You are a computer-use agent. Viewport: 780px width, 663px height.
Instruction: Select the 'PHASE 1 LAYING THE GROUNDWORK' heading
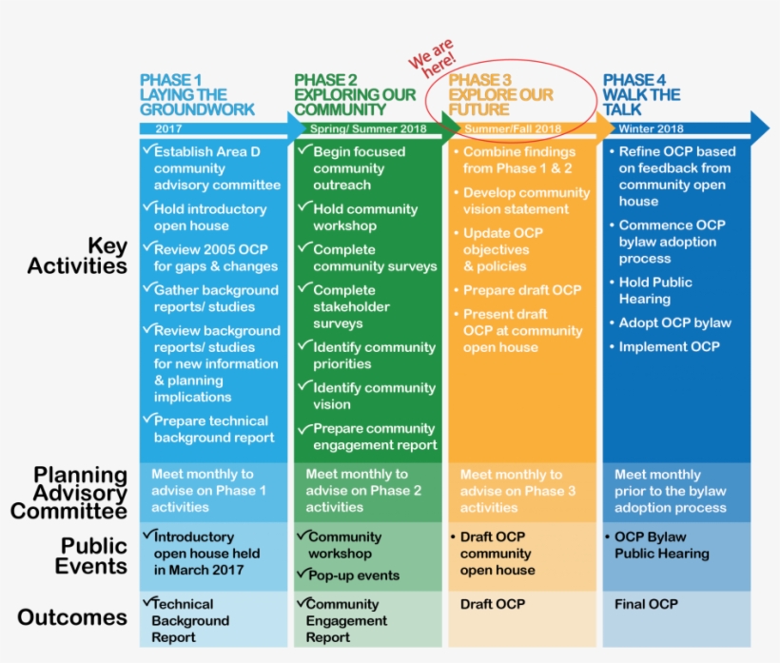click(197, 95)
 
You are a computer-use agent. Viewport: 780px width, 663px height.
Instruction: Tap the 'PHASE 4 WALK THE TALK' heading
click(641, 95)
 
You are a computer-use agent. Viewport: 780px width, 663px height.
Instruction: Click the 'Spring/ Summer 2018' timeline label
click(355, 128)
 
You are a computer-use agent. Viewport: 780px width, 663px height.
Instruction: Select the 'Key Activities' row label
click(77, 256)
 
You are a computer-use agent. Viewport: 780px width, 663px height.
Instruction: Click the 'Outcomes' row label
click(72, 617)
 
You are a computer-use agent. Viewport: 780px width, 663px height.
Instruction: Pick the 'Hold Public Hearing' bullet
click(655, 290)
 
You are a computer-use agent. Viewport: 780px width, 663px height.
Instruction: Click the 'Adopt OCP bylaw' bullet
click(674, 322)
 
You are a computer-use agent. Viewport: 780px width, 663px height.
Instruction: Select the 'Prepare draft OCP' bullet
click(521, 290)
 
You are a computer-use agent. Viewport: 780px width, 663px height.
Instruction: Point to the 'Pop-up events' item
click(353, 575)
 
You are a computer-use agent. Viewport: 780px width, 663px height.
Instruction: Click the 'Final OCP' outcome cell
click(646, 604)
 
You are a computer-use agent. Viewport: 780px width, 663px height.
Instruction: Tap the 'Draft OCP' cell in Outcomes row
click(492, 604)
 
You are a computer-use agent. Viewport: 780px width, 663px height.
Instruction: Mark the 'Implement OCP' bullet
click(669, 346)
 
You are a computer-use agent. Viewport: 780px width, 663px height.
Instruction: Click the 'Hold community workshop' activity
click(364, 217)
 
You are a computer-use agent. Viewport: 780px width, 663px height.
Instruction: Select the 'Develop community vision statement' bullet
click(526, 201)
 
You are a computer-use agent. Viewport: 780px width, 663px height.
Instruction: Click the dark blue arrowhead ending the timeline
click(758, 127)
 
